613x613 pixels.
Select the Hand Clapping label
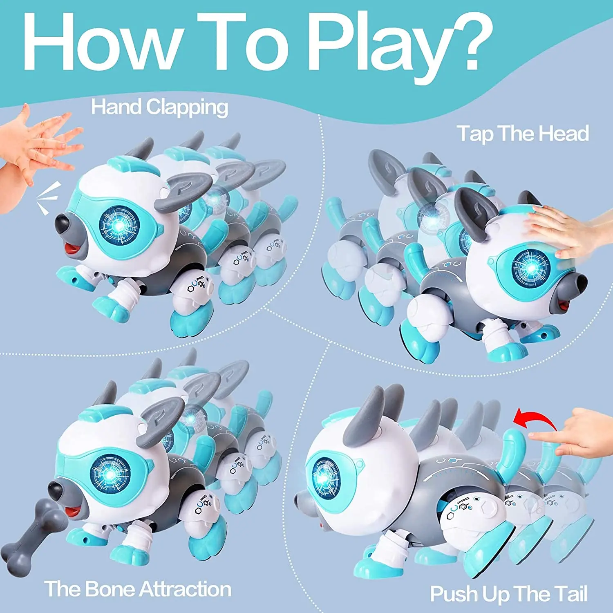(159, 107)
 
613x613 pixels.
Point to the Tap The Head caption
(523, 134)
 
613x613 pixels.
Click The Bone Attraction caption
(138, 589)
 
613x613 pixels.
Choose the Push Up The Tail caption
(509, 594)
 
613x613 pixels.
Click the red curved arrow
(535, 419)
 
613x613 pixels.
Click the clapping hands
(37, 143)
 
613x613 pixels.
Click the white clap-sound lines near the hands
(48, 199)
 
